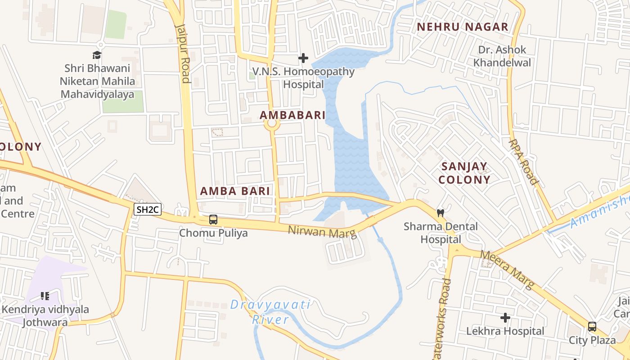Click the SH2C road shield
(148, 209)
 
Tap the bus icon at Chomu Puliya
(213, 220)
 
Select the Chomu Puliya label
(213, 233)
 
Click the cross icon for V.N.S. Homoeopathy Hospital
(303, 58)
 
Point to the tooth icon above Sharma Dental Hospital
(441, 212)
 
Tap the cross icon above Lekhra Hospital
(505, 318)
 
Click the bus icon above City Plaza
(592, 327)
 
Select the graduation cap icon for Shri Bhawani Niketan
(97, 55)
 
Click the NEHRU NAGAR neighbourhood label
(462, 27)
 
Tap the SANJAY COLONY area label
(464, 173)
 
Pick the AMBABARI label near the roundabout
(292, 115)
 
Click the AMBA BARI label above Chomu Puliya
(235, 191)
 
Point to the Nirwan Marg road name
(322, 232)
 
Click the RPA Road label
(523, 162)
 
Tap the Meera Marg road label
(507, 270)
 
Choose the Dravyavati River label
(270, 312)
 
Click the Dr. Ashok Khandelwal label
(502, 56)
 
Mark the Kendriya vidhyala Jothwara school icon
(45, 296)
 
